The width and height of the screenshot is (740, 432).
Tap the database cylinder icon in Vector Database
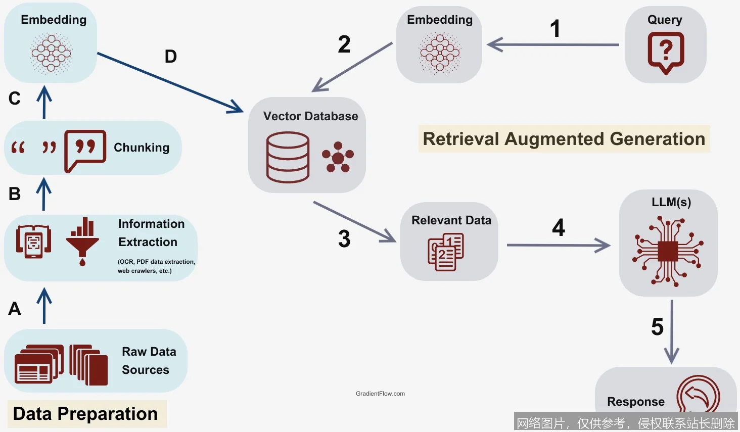(x=288, y=157)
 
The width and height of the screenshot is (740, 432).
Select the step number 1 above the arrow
(x=555, y=29)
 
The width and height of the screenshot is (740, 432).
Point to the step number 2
(x=344, y=44)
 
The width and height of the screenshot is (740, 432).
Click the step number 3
(x=344, y=239)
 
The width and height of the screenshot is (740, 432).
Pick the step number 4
(x=559, y=228)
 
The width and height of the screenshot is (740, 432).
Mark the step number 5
(x=657, y=327)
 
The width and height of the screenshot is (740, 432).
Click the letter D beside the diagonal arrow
(x=171, y=57)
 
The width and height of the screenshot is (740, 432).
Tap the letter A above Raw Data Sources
(x=15, y=309)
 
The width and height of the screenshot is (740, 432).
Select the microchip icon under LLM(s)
(x=668, y=251)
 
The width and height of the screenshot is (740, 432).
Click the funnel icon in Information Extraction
(x=82, y=242)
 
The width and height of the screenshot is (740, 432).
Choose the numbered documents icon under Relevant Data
(x=446, y=252)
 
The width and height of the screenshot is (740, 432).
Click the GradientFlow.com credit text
(x=380, y=394)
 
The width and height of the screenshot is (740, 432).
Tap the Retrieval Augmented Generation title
(x=564, y=139)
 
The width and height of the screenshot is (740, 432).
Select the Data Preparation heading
(x=85, y=414)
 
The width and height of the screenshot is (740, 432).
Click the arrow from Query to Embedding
(x=553, y=44)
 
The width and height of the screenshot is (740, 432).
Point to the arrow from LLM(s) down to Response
(x=671, y=331)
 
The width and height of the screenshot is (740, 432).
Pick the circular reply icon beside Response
(x=698, y=397)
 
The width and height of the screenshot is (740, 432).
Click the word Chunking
(x=142, y=148)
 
